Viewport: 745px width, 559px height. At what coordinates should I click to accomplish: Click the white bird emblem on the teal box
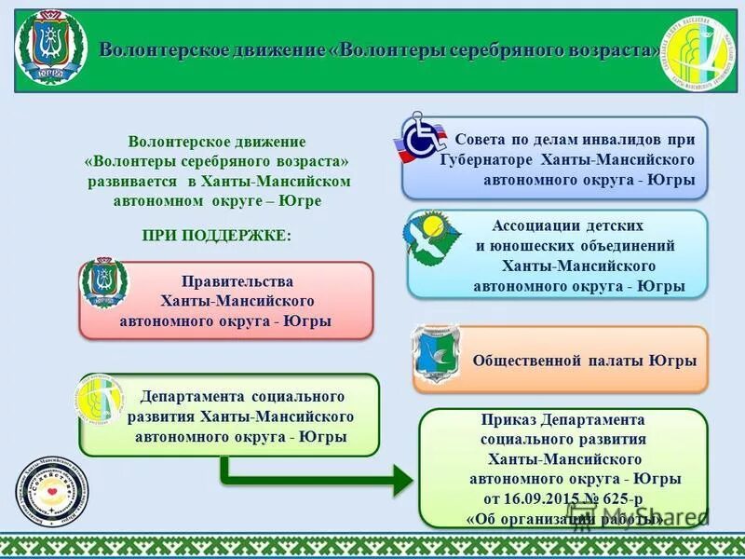coord(433,238)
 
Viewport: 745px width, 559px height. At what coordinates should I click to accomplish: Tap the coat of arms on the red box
coord(101,283)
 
